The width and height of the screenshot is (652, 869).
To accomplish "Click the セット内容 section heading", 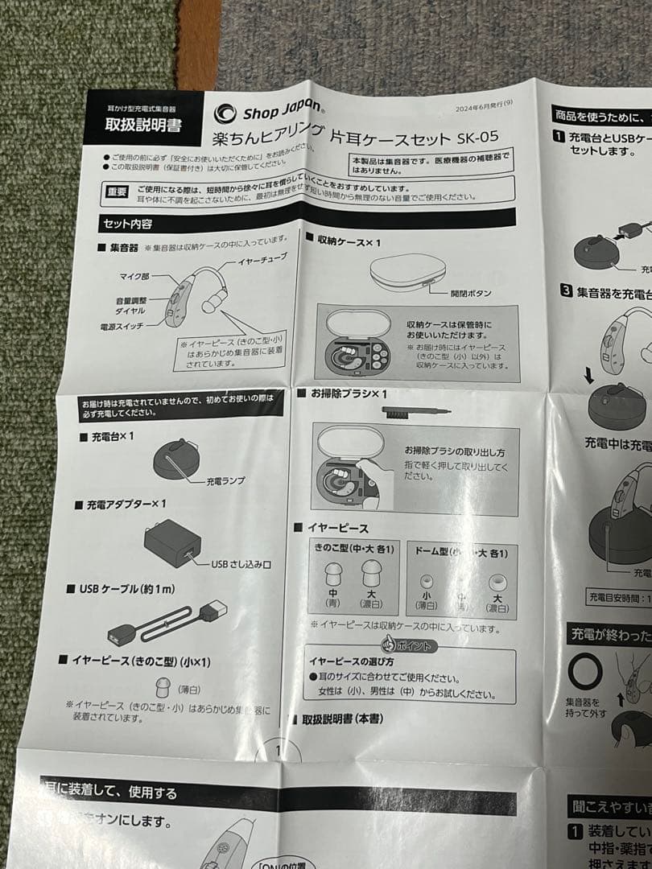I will click(x=127, y=224).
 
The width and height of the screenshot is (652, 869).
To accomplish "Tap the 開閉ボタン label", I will click(x=472, y=293).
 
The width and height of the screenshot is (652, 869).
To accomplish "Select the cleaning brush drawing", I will click(x=415, y=411).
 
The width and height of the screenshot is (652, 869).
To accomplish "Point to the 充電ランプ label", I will click(x=225, y=480).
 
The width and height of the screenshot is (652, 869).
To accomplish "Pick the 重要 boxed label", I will click(x=117, y=190).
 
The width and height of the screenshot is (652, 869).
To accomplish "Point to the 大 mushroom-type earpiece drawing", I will click(x=371, y=574).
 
